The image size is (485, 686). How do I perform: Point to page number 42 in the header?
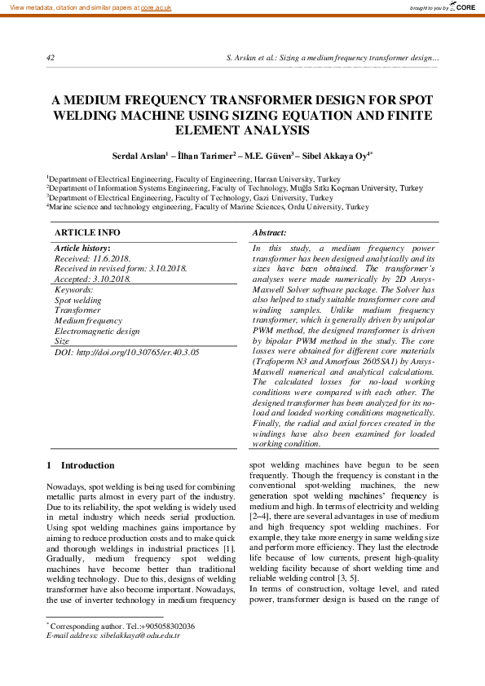click(x=51, y=59)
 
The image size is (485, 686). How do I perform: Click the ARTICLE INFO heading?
click(x=86, y=233)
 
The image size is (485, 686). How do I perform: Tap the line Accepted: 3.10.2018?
click(x=92, y=279)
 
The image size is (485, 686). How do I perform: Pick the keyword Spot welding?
click(x=77, y=300)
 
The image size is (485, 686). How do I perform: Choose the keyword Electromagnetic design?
click(x=97, y=332)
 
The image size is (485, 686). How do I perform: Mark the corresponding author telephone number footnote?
click(x=122, y=626)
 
